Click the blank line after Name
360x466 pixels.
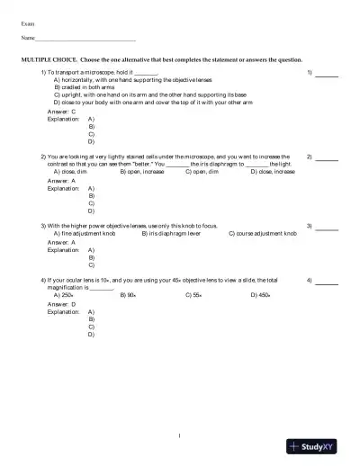click(85, 40)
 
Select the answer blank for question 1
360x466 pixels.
click(327, 74)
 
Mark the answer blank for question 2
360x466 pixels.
click(327, 158)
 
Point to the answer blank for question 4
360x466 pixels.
click(327, 283)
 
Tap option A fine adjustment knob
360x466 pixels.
click(86, 233)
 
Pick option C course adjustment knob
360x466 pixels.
click(262, 233)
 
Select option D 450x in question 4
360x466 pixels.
click(261, 294)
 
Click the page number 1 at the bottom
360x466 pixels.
click(180, 436)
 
